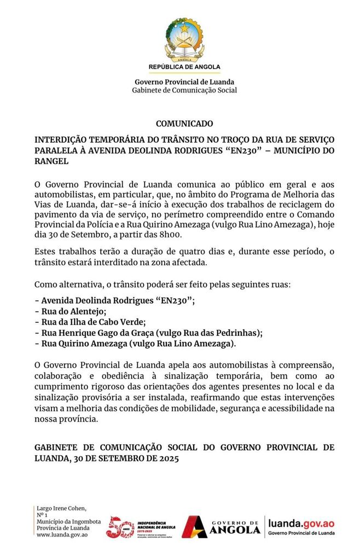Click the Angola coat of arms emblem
pyautogui.click(x=184, y=40)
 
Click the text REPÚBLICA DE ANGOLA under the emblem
pyautogui.click(x=184, y=67)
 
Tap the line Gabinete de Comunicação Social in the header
pyautogui.click(x=184, y=90)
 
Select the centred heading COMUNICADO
pyautogui.click(x=184, y=124)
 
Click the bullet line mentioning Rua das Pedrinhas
pyautogui.click(x=148, y=333)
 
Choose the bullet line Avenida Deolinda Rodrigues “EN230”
pyautogui.click(x=114, y=300)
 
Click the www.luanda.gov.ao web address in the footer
pyautogui.click(x=61, y=534)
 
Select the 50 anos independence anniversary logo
pyautogui.click(x=120, y=526)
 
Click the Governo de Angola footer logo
pyautogui.click(x=222, y=526)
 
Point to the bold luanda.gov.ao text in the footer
pyautogui.click(x=301, y=523)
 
